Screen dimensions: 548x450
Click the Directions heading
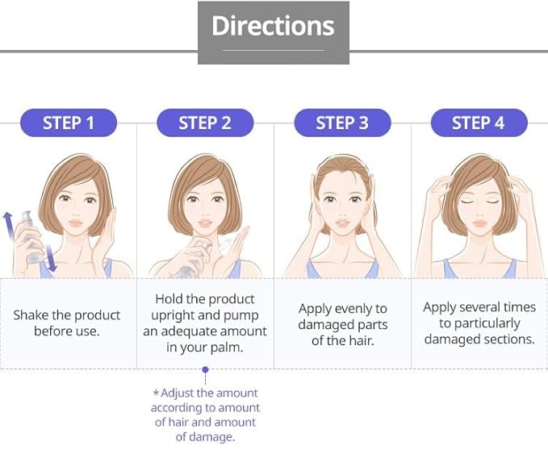[274, 26]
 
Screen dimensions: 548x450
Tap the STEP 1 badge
[69, 123]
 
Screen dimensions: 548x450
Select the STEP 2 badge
[205, 123]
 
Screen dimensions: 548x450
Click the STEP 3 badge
[342, 123]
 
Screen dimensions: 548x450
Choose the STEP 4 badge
[479, 123]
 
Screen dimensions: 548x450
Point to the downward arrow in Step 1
[51, 258]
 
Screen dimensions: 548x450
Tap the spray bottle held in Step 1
[31, 237]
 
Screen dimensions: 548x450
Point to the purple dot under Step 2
[206, 369]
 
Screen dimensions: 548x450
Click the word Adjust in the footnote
[178, 394]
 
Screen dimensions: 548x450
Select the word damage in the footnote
[213, 437]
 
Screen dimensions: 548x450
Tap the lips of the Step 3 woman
[342, 223]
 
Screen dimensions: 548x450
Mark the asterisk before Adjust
[156, 393]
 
